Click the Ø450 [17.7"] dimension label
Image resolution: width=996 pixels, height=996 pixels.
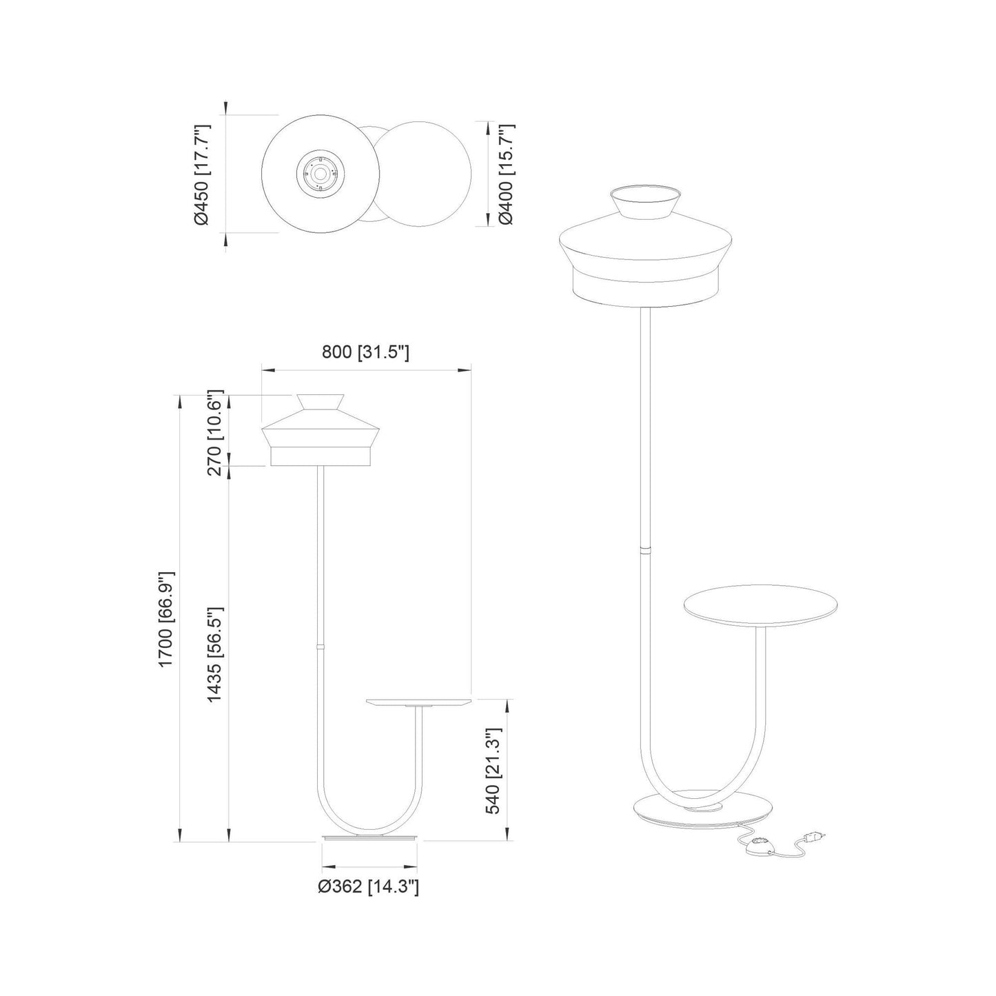(201, 174)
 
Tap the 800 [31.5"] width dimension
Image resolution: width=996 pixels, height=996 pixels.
(365, 352)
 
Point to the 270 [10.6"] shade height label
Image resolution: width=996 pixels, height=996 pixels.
(214, 432)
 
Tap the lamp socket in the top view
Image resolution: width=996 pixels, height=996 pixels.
(320, 174)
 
